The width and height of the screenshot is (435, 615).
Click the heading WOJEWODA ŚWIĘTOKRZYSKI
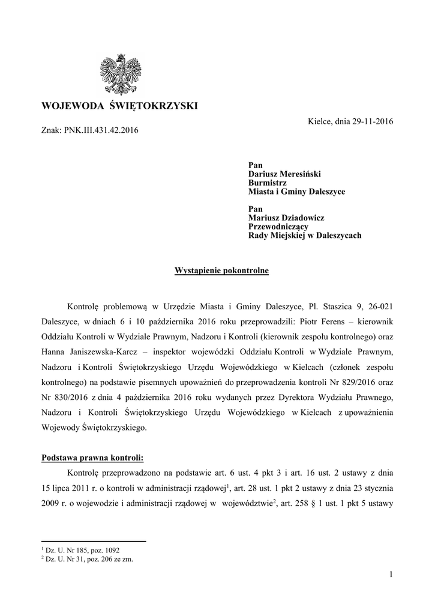(x=119, y=106)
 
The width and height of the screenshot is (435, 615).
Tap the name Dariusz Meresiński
(x=284, y=174)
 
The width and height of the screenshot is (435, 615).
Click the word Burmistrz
(x=268, y=183)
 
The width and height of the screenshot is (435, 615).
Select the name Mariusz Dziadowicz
(x=286, y=218)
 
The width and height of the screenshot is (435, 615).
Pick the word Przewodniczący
(x=278, y=227)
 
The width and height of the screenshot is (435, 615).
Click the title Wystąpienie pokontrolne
(x=221, y=271)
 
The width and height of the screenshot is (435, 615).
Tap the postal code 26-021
(x=379, y=306)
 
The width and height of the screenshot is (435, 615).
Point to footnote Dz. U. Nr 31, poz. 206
(x=79, y=559)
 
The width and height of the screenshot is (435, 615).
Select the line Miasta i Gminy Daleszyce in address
(x=296, y=192)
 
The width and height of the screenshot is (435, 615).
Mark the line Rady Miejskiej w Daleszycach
(x=305, y=236)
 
